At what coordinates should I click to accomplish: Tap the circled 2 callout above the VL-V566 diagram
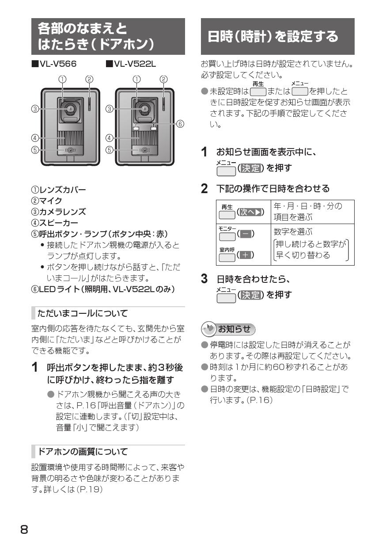[x=89, y=79]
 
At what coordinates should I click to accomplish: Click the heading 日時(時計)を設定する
[x=273, y=36]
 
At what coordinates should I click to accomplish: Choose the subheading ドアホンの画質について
[x=83, y=451]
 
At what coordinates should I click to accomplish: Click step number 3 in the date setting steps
[x=204, y=279]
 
